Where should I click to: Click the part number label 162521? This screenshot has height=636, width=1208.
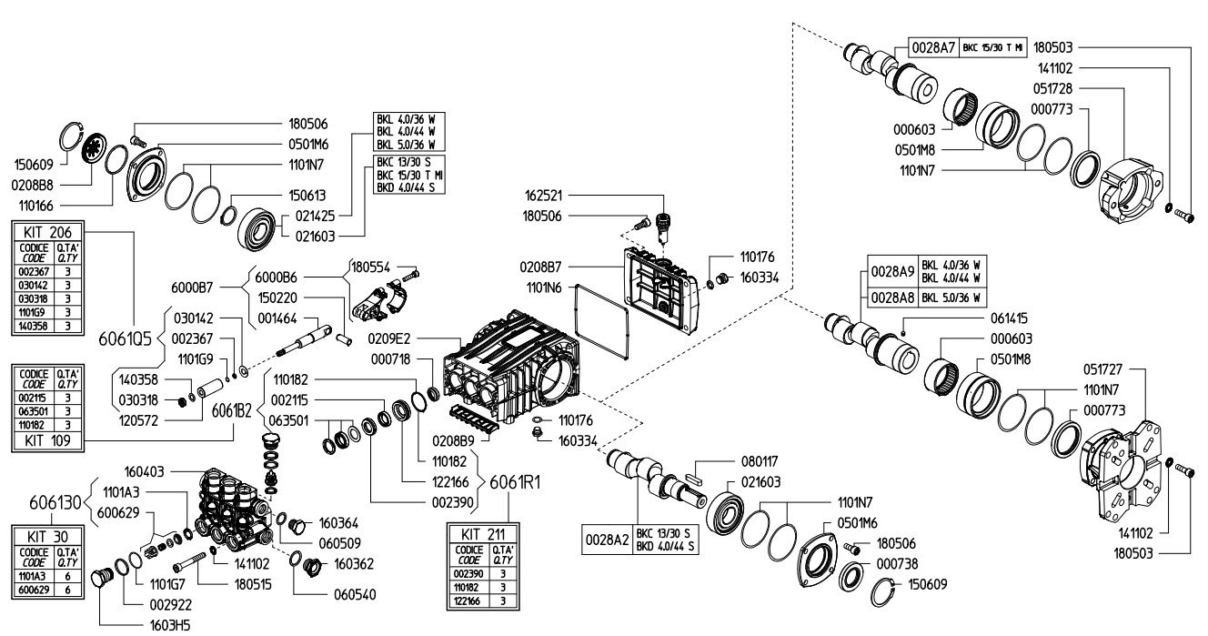click(544, 196)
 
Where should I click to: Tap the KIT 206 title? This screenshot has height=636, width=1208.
click(47, 233)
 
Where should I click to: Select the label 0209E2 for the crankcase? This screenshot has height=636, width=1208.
click(388, 338)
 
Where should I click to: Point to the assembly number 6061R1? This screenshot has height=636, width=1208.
click(515, 482)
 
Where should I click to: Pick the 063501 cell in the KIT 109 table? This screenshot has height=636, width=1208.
click(34, 411)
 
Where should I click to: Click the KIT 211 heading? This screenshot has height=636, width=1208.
click(483, 535)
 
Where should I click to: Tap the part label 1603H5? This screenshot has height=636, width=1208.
click(170, 626)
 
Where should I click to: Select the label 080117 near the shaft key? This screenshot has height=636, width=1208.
click(760, 462)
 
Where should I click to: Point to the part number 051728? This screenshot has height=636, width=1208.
click(1052, 88)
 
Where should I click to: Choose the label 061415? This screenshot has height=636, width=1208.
click(1009, 318)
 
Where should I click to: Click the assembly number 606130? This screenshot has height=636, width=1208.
click(55, 503)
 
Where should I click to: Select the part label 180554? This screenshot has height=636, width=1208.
click(370, 267)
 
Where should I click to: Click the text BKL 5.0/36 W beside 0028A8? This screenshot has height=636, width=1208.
click(951, 298)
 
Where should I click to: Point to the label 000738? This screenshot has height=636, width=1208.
click(898, 564)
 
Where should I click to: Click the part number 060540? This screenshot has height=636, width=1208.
click(355, 595)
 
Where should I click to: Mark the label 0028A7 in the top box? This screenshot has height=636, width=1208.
click(933, 48)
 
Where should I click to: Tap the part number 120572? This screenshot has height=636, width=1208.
click(138, 420)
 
